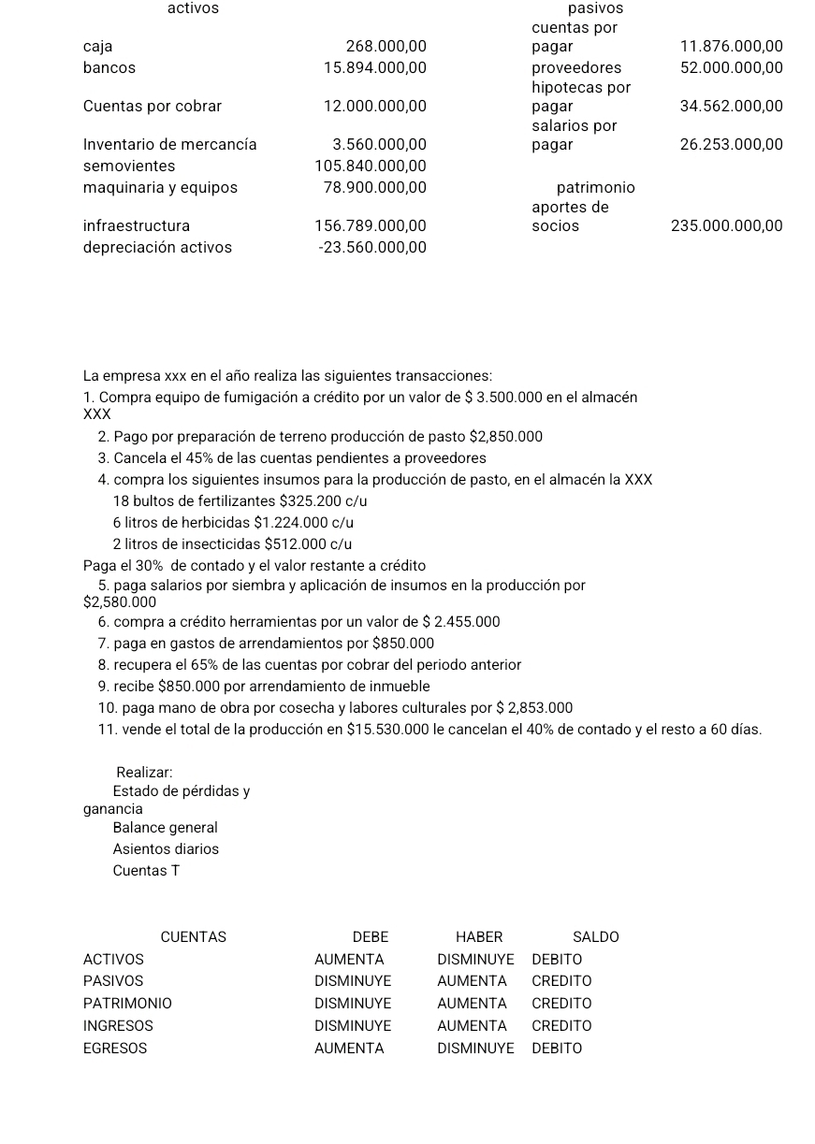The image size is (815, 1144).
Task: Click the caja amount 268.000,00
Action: click(386, 46)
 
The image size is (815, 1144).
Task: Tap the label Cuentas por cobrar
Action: click(153, 106)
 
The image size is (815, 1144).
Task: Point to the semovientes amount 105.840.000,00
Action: click(371, 166)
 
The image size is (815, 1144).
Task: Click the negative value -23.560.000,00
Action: click(372, 247)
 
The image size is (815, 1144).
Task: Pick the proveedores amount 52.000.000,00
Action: click(731, 67)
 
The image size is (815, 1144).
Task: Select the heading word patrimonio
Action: click(595, 187)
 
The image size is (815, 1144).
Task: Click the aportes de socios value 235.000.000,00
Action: click(726, 225)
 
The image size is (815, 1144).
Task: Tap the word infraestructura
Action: click(137, 225)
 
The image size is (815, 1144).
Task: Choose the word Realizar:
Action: click(144, 773)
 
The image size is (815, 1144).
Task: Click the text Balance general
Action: click(165, 828)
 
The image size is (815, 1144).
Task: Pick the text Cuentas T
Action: click(146, 871)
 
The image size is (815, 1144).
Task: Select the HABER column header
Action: click(479, 937)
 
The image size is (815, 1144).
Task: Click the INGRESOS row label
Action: click(118, 1026)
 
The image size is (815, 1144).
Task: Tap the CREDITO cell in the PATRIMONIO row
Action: click(561, 1004)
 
